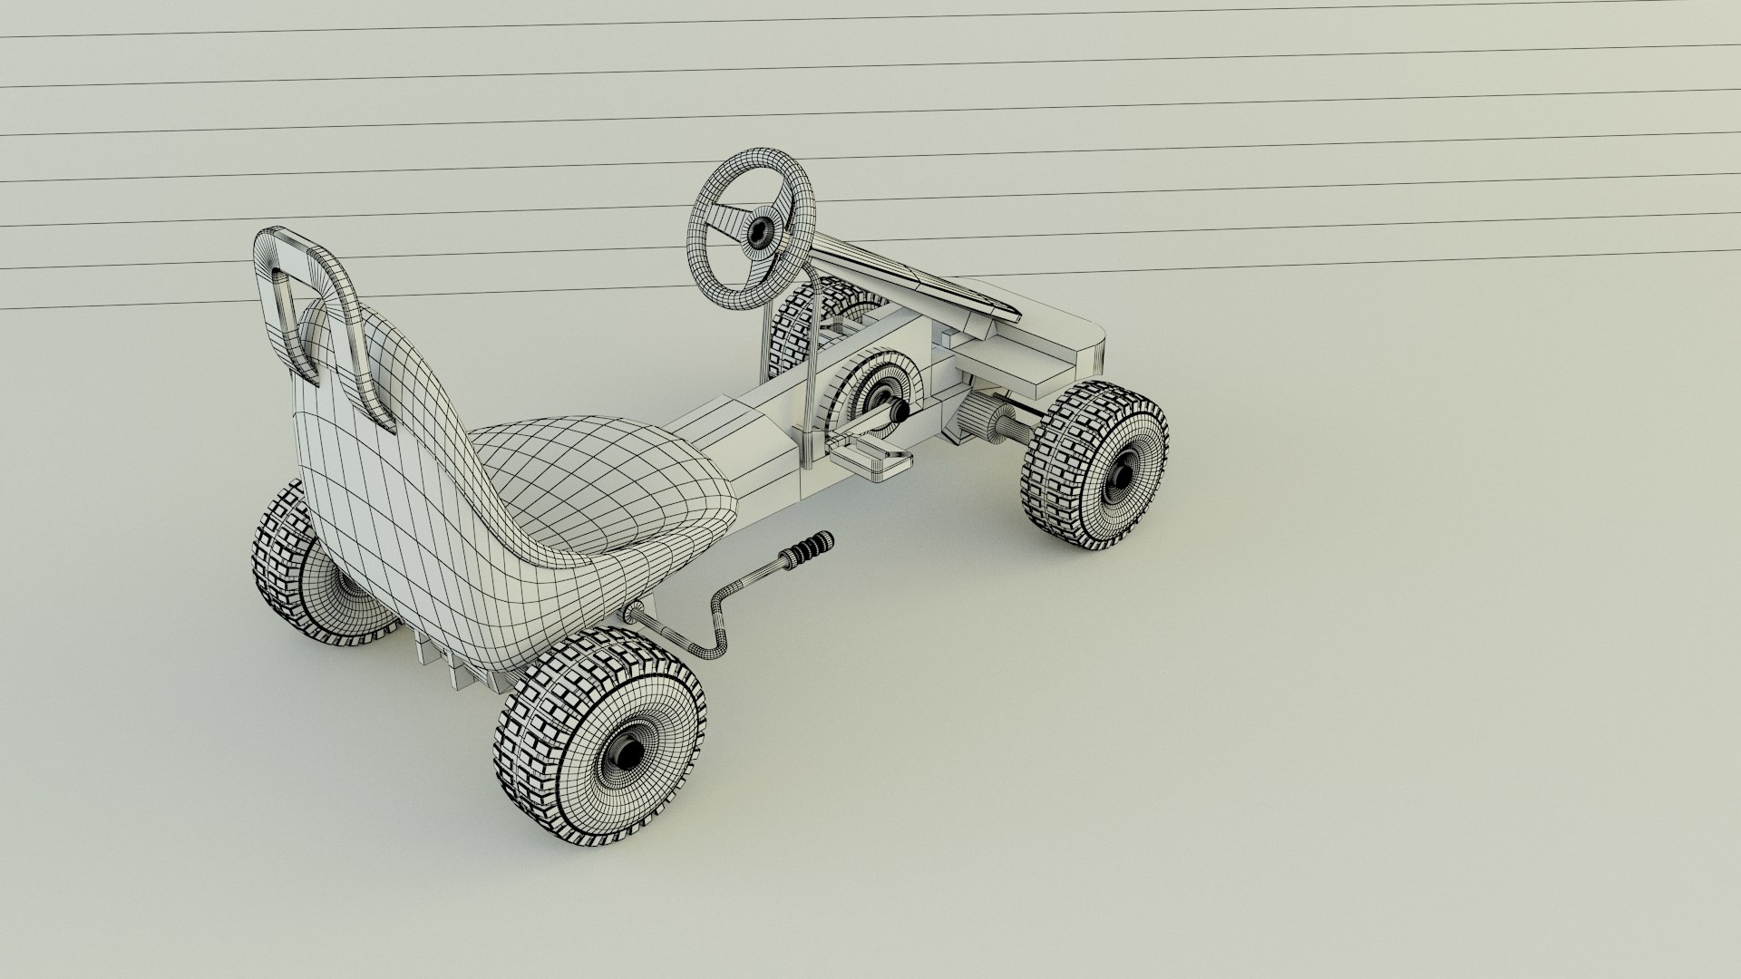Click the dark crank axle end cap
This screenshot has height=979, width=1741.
tap(900, 412)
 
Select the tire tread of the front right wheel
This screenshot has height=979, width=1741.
tap(1052, 471)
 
